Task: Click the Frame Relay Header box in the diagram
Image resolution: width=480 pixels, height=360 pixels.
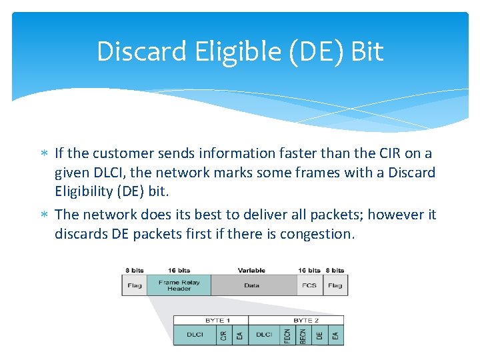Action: pos(179,285)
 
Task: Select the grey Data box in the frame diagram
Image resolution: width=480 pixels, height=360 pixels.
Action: pos(252,285)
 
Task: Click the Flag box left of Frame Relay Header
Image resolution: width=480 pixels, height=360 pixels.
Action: pos(134,285)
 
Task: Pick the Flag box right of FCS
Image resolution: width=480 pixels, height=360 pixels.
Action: pos(335,285)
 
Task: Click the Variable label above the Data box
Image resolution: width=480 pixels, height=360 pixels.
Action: pos(251,270)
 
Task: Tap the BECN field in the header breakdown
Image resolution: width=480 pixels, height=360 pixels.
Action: pos(303,335)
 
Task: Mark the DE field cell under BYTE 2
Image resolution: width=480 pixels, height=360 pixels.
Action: pos(320,335)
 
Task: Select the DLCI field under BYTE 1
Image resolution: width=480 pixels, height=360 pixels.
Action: pos(195,335)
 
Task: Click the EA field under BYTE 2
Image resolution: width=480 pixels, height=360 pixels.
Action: pos(336,335)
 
